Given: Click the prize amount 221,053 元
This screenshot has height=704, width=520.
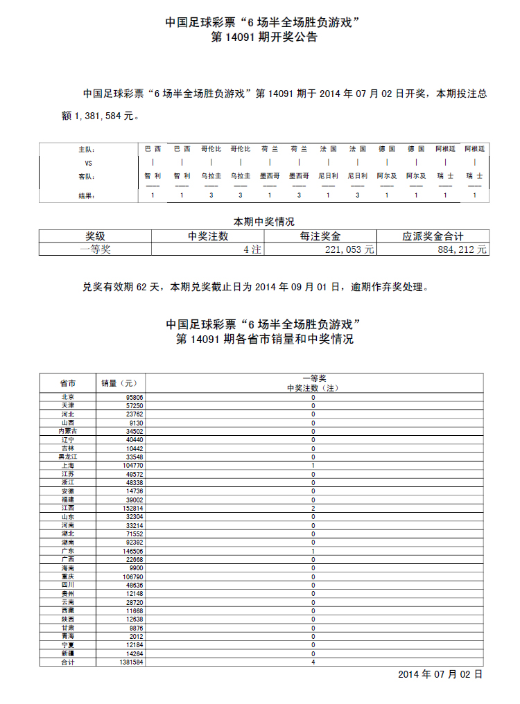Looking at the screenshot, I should [349, 249].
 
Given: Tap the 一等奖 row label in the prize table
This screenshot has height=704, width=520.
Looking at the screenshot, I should [95, 249].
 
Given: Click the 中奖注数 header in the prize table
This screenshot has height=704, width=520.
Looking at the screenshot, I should [208, 236].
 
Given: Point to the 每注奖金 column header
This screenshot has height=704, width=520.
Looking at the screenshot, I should [320, 236].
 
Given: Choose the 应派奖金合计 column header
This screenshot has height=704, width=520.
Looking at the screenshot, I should [433, 236].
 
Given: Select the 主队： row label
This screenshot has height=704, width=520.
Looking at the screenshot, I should [85, 149].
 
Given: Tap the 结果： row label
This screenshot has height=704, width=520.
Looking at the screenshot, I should [85, 195].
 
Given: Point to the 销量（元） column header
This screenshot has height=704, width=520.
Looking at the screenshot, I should [120, 383].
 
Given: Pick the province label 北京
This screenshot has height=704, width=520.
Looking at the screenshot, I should [67, 397].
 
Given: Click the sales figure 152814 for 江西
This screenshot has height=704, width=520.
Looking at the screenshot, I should [131, 508].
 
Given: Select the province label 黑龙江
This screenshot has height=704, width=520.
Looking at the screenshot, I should [67, 457].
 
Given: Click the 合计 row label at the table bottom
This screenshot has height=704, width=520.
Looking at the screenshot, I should [67, 662].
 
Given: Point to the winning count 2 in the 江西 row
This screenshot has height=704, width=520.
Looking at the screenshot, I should [313, 508].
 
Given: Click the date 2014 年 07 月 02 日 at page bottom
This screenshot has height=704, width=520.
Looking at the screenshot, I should [440, 674].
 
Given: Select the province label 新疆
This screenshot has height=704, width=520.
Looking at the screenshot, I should [67, 653].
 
